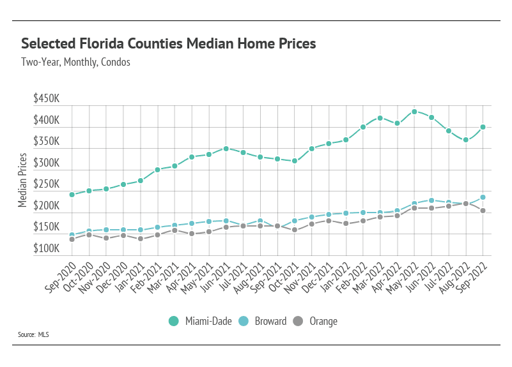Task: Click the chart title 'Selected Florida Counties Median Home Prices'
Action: tap(169, 44)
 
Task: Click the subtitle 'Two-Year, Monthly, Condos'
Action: tap(75, 63)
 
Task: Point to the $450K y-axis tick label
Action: tap(47, 100)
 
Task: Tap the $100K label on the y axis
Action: tap(47, 249)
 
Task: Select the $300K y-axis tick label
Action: tap(47, 163)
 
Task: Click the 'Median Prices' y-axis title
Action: tap(23, 180)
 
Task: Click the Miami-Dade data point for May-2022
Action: tap(414, 112)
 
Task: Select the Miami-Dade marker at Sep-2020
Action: tap(72, 194)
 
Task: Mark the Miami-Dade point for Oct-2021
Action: tap(295, 161)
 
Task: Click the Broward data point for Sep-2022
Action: tap(483, 197)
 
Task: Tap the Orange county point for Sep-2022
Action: tap(483, 211)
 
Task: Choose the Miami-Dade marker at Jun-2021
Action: tap(226, 149)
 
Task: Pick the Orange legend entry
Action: tap(316, 321)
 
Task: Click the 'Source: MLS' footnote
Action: tap(35, 334)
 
